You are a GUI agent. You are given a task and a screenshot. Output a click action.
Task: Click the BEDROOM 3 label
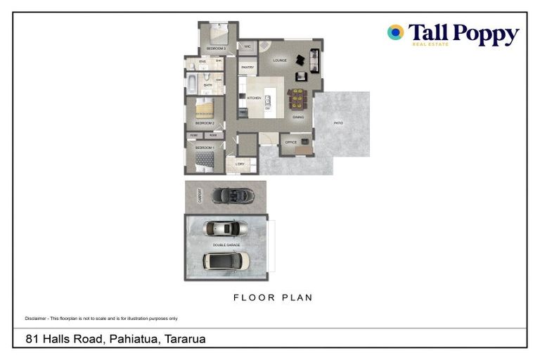pos(215,49)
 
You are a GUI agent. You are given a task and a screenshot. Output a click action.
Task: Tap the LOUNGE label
pos(280,60)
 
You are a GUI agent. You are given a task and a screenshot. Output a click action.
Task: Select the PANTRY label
pos(247,67)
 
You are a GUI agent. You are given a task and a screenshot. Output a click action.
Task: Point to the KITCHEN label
pos(254,98)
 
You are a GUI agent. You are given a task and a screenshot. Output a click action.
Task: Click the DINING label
pos(298,117)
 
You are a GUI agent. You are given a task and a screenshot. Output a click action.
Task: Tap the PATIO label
pos(338,123)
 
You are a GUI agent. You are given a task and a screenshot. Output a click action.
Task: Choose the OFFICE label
pos(290,143)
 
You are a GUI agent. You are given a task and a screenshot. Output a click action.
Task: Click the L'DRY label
pos(240,164)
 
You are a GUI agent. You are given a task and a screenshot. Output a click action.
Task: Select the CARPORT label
pos(200,195)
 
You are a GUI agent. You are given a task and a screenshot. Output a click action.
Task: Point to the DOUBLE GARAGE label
pos(226,245)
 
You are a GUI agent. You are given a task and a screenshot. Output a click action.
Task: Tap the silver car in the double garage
pos(225,229)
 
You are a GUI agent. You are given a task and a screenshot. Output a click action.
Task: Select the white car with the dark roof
pos(226,261)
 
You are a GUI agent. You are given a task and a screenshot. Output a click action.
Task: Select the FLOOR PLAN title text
pos(273,297)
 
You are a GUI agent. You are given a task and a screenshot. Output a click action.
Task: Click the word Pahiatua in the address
pos(133,339)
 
